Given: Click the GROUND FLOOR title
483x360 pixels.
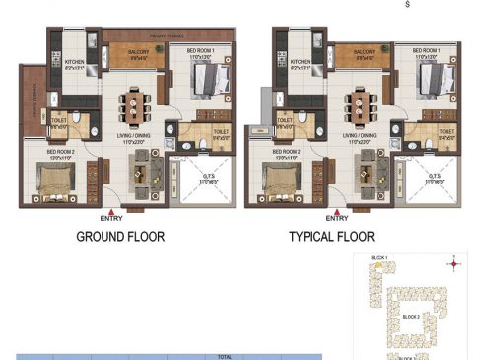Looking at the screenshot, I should coord(120,237).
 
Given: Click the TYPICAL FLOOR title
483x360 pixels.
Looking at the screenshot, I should coord(334,237).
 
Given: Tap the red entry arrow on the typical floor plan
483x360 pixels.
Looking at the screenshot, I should coord(337,211).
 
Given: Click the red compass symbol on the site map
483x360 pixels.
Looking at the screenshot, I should coord(453,262).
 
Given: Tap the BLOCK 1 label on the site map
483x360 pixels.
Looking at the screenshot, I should coord(379,257).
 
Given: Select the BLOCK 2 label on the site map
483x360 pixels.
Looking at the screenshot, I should coord(411,317).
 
